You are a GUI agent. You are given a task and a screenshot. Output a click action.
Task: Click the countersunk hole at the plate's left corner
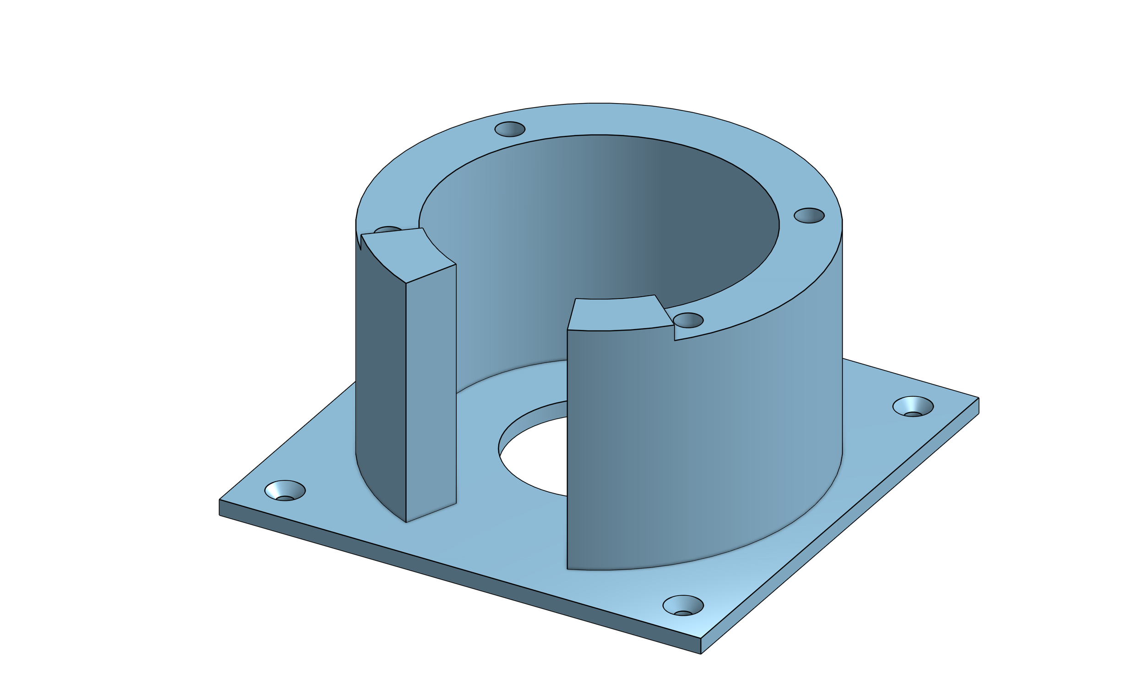click(x=285, y=491)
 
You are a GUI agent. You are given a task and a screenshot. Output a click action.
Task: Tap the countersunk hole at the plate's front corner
click(x=682, y=606)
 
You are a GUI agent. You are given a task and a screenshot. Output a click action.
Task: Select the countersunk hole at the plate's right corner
click(x=913, y=407)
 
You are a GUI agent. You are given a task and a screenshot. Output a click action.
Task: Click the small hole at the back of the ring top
click(x=510, y=129)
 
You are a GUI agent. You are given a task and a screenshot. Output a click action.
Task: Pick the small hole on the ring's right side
click(x=809, y=216)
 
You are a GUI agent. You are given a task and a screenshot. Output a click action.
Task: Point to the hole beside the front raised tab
click(x=688, y=320)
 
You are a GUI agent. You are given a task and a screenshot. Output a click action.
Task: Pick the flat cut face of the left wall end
click(x=431, y=390)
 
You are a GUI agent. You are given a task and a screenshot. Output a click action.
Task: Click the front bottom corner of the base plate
click(x=701, y=653)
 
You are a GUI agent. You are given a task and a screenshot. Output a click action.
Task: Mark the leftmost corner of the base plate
click(x=220, y=501)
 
